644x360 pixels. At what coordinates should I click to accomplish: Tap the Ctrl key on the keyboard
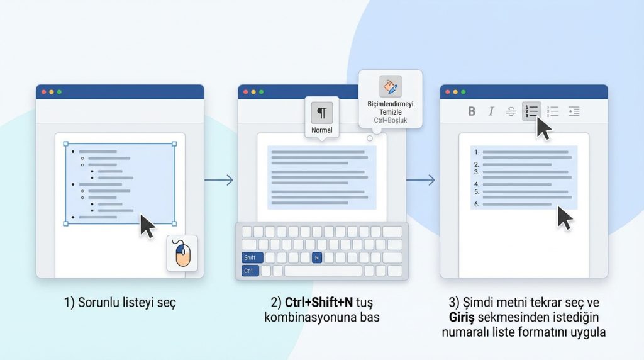[x=250, y=271]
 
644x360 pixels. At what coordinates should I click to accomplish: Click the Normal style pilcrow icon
[x=321, y=113]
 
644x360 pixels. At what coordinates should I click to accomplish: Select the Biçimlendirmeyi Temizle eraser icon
[x=390, y=86]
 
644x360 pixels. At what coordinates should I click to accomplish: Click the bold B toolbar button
[x=472, y=111]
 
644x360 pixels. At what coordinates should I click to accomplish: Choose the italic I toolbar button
[x=491, y=111]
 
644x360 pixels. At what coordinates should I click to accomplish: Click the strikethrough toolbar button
[x=511, y=111]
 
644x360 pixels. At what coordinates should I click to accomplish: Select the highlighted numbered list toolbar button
[x=531, y=111]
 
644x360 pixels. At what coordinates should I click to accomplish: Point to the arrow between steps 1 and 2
[x=219, y=181]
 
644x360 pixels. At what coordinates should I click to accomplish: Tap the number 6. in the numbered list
[x=477, y=204]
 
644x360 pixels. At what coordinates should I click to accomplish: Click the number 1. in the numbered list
[x=477, y=152]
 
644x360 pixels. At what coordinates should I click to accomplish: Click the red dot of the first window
[x=43, y=92]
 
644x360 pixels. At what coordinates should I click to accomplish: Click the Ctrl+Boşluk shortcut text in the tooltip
[x=391, y=120]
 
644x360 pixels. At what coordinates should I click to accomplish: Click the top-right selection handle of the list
[x=174, y=144]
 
